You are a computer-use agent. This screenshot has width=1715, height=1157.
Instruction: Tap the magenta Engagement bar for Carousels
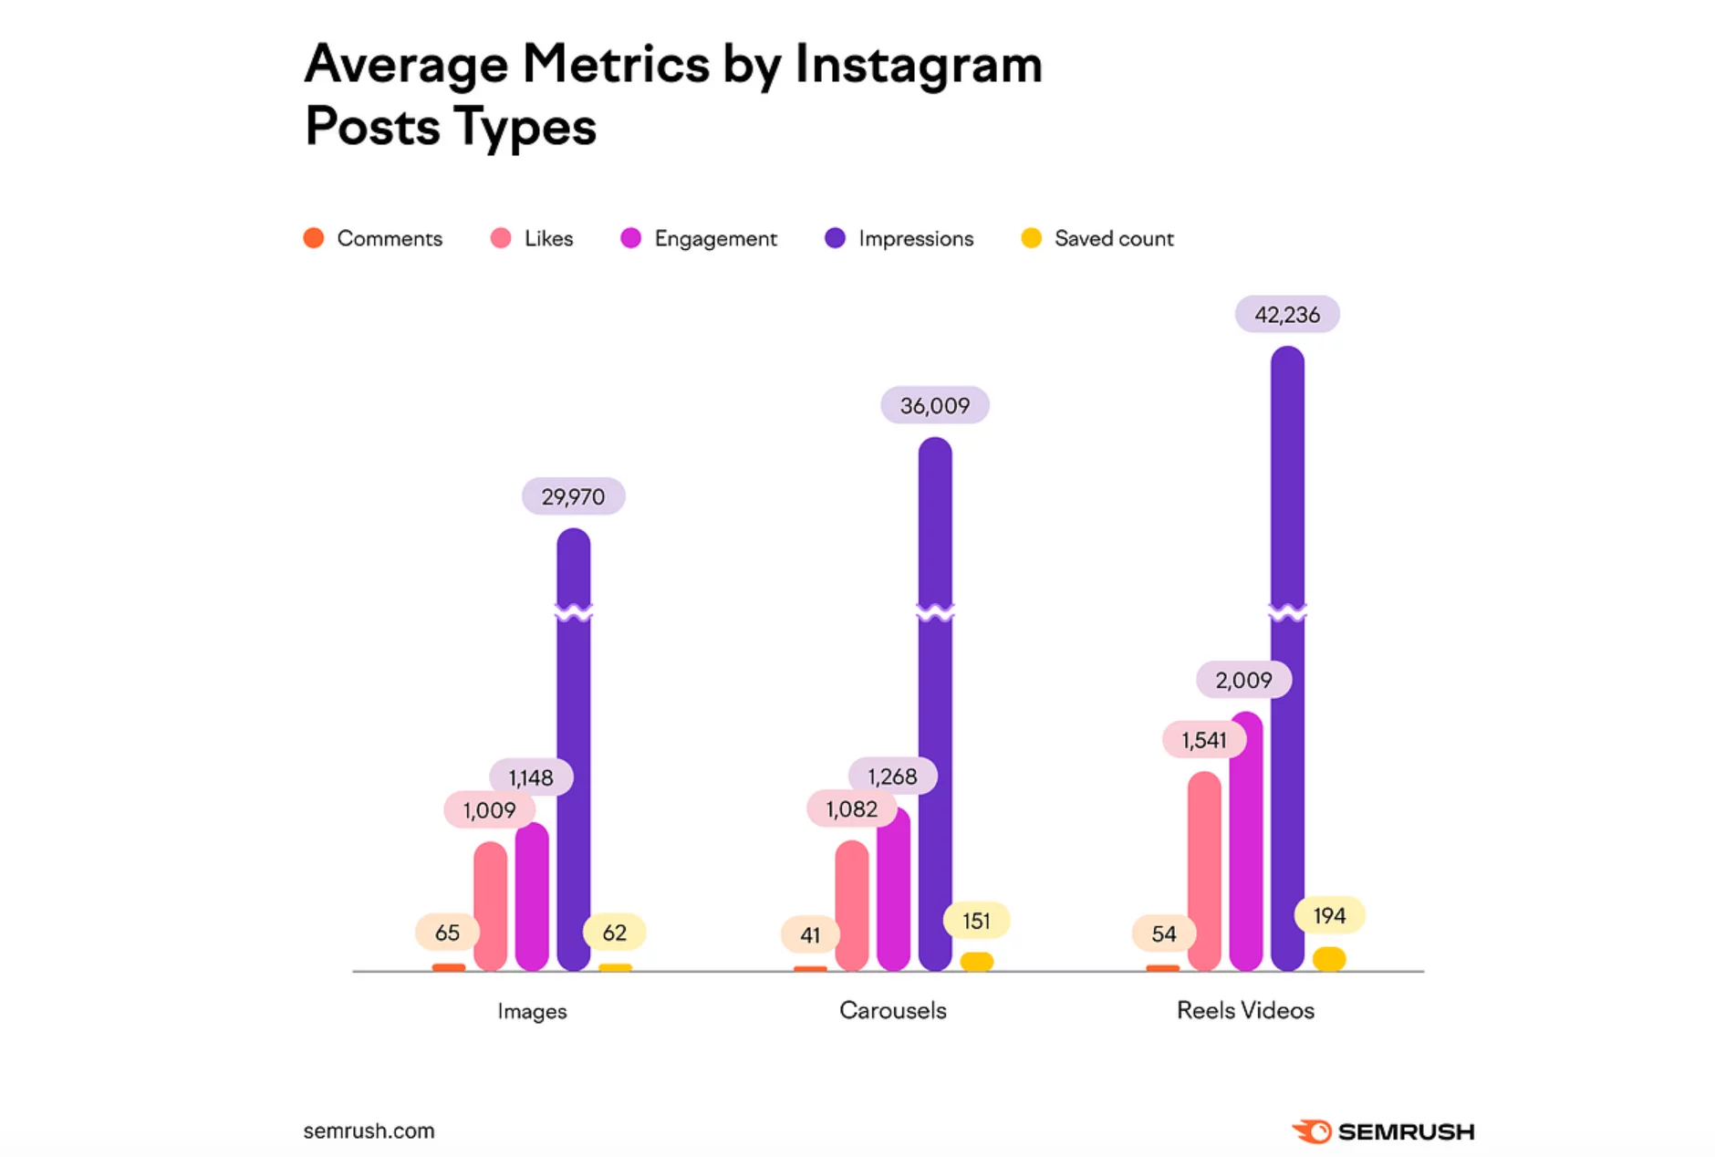pyautogui.click(x=893, y=890)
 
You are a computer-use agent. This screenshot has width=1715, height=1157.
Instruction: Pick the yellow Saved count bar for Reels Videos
pyautogui.click(x=1329, y=959)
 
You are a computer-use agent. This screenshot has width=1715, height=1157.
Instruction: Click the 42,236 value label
pyautogui.click(x=1287, y=315)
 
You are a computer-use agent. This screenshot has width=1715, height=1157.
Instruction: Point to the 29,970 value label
pyautogui.click(x=573, y=496)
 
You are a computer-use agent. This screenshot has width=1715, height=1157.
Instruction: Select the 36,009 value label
pyautogui.click(x=935, y=405)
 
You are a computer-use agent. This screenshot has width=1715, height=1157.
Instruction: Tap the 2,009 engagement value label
pyautogui.click(x=1243, y=680)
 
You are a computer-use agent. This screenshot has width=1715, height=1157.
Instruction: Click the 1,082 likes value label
pyautogui.click(x=851, y=808)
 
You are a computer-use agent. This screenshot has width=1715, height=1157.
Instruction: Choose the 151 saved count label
pyautogui.click(x=976, y=921)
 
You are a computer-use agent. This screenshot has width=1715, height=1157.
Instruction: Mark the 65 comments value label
pyautogui.click(x=447, y=933)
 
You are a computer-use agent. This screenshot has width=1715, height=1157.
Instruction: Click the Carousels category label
pyautogui.click(x=892, y=1010)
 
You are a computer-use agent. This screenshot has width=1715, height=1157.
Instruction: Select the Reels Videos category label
pyautogui.click(x=1245, y=1010)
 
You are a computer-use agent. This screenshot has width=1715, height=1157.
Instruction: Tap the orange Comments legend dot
pyautogui.click(x=314, y=238)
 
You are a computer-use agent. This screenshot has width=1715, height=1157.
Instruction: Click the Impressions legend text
pyautogui.click(x=916, y=238)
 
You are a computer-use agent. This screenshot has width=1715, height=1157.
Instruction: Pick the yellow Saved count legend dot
pyautogui.click(x=1031, y=238)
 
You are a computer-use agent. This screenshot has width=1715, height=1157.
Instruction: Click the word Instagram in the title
pyautogui.click(x=918, y=66)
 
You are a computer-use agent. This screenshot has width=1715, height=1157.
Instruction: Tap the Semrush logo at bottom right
pyautogui.click(x=1383, y=1131)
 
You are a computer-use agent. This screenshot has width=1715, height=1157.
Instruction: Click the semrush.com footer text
pyautogui.click(x=369, y=1131)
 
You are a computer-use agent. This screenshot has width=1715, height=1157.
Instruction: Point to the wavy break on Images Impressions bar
pyautogui.click(x=573, y=611)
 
